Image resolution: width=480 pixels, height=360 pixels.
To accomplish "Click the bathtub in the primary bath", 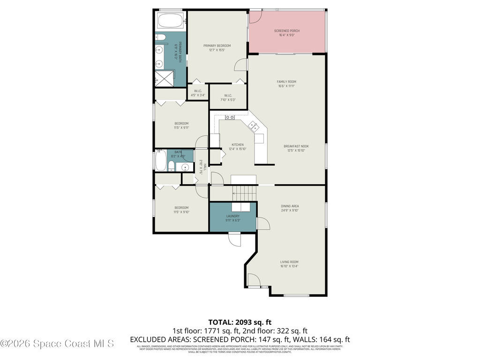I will pos(171,21).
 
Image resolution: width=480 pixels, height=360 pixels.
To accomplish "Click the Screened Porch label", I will pos(287,31).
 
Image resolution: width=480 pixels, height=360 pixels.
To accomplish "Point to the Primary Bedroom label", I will pos(217,46).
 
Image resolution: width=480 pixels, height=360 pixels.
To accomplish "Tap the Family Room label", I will pos(286,82).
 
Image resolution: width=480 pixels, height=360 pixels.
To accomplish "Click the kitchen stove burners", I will pos(230,117).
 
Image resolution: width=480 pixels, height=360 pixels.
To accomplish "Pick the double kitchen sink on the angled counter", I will pos(253,125).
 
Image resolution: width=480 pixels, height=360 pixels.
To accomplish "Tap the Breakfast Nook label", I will pos(296,146).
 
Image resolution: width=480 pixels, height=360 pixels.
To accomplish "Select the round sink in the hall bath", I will pos(185,167).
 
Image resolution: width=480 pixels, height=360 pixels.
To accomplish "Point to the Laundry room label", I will pos(232,216).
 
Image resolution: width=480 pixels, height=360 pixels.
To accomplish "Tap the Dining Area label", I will pos(290,206).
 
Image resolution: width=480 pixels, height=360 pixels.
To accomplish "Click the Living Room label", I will pos(289,262).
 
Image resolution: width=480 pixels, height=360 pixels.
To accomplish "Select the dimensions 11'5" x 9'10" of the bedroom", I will pos(181,212).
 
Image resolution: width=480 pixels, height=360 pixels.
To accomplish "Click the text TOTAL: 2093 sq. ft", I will pos(240,322).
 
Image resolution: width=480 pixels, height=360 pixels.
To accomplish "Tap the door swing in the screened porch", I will pos(256,16).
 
